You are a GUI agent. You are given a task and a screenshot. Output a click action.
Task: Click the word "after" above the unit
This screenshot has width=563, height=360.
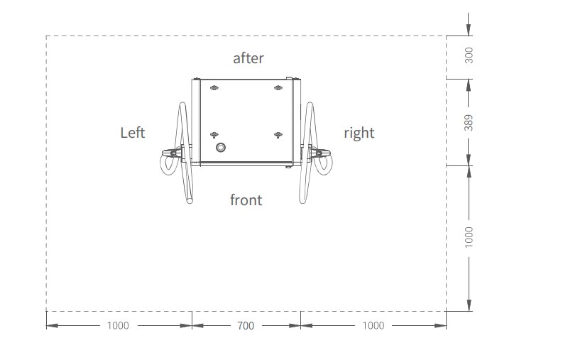tap(248, 58)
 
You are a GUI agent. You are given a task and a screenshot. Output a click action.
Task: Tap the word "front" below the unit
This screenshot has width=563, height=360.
tap(246, 200)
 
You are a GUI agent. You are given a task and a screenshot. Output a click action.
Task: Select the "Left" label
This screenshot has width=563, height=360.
tap(133, 133)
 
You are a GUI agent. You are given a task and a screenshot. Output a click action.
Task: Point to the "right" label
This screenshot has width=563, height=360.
tap(359, 133)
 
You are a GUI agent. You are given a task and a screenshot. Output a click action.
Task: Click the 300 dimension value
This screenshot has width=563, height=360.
tap(469, 55)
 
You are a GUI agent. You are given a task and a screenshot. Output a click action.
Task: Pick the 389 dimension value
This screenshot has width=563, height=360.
tap(469, 122)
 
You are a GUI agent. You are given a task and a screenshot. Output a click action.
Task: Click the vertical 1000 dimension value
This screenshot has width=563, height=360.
tap(469, 237)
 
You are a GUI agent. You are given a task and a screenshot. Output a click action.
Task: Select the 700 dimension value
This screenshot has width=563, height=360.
tap(246, 326)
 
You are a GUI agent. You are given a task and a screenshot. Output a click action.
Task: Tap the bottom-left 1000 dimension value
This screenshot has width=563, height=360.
tap(118, 326)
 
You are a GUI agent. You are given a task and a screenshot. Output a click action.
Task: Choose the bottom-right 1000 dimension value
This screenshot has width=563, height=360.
tap(373, 326)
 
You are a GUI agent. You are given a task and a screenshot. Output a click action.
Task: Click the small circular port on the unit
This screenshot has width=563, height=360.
tap(221, 148)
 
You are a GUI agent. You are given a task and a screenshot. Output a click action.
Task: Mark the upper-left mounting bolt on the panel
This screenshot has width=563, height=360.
tap(214, 88)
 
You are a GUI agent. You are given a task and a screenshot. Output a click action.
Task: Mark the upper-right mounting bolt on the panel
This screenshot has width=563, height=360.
tap(278, 88)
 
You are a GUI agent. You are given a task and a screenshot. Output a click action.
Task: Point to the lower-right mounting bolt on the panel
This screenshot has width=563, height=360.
tap(278, 134)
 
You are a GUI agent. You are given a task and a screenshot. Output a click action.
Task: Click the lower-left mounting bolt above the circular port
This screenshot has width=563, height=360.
tap(214, 134)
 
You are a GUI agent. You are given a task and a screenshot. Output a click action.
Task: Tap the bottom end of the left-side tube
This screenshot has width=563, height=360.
tap(190, 201)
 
